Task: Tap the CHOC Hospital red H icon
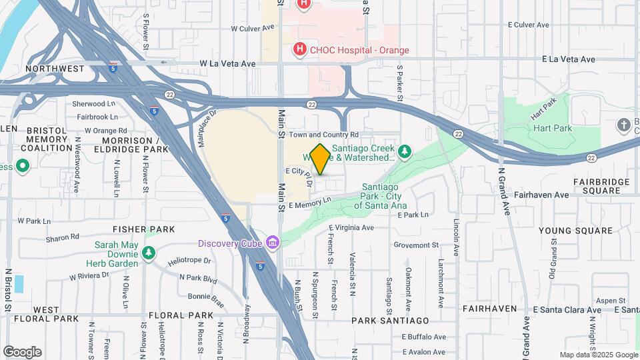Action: (300, 49)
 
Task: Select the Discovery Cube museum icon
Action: (272, 242)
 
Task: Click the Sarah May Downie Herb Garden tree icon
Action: (148, 253)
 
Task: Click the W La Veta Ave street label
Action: (228, 63)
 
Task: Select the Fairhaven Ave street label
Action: (541, 195)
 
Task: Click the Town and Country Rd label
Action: (324, 135)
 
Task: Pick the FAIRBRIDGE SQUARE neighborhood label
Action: (602, 186)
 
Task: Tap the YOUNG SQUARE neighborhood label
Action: (575, 231)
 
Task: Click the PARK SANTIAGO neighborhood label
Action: (390, 321)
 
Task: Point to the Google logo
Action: (22, 352)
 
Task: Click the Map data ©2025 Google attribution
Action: (599, 355)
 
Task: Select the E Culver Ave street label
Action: (528, 25)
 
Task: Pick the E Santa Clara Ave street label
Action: (567, 310)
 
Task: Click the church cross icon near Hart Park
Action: (624, 125)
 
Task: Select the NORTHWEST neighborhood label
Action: (55, 69)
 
